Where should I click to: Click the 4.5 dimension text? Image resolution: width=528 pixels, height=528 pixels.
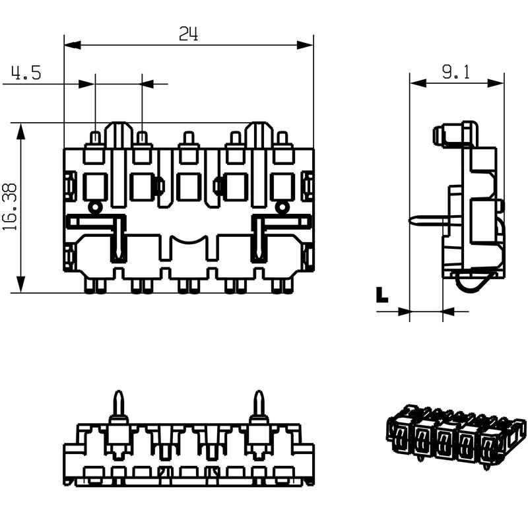26,73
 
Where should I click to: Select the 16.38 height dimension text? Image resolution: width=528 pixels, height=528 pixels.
10,207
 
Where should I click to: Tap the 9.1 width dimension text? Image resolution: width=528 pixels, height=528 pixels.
455,73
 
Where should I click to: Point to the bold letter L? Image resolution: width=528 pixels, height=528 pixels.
381,295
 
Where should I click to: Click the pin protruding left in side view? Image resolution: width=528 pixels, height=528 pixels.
426,220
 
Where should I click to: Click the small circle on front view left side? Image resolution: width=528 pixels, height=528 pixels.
96,207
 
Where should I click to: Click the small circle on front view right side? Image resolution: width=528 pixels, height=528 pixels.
282,207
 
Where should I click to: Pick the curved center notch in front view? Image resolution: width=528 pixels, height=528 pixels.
189,239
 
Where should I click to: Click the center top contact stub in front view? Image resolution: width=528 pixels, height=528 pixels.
189,139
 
